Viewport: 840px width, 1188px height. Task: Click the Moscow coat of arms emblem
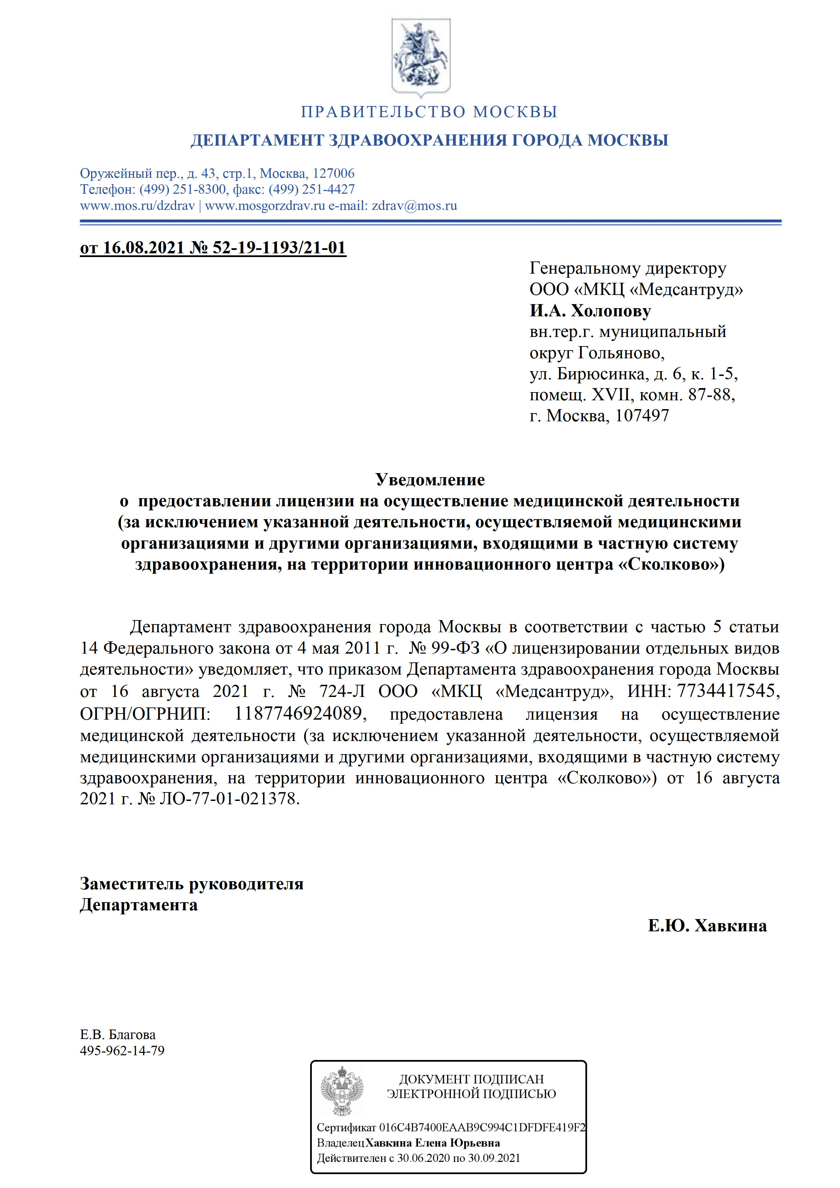[421, 57]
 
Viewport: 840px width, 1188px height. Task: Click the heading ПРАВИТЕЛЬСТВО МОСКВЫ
[429, 112]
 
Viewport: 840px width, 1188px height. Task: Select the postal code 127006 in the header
[333, 173]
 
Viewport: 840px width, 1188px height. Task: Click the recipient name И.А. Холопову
[590, 311]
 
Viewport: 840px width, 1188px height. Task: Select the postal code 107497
[642, 416]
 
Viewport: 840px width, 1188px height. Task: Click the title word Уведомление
[430, 480]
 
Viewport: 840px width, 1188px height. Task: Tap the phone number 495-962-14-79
[122, 1051]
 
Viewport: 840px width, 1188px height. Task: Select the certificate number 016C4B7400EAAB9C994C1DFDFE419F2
[482, 1127]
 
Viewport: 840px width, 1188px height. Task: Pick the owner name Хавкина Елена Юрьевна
[432, 1143]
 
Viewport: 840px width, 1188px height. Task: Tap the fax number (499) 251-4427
[311, 189]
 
